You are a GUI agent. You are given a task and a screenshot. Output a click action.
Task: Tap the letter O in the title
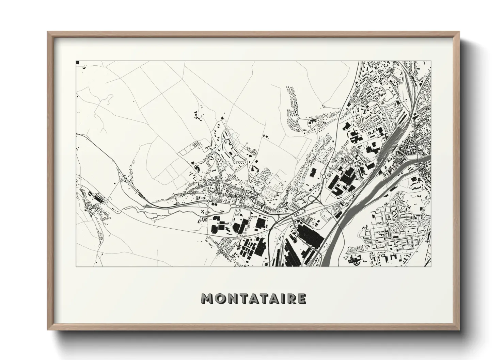[220, 299]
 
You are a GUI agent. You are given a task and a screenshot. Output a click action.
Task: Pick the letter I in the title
[282, 299]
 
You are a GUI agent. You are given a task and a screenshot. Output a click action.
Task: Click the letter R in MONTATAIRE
[290, 299]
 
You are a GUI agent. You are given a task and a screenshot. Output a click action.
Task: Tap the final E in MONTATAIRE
[301, 299]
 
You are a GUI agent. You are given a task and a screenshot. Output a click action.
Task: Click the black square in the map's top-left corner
[78, 63]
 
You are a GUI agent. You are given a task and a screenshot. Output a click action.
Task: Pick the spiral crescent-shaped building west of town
[196, 167]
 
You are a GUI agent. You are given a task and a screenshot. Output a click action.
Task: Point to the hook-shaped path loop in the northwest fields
[108, 99]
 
